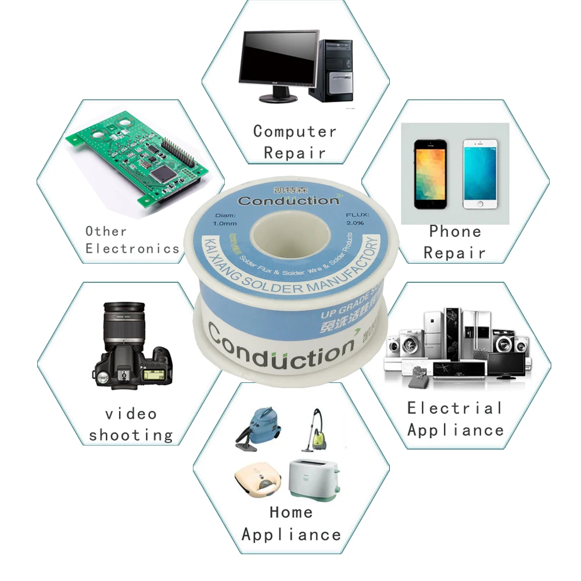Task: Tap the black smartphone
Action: click(x=430, y=174)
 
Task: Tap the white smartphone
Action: click(x=480, y=174)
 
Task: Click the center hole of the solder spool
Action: click(x=290, y=238)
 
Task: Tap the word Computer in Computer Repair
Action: click(x=295, y=131)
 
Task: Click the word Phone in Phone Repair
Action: click(x=455, y=231)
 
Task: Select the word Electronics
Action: click(x=132, y=249)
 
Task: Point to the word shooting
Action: click(x=131, y=435)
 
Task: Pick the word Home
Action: click(x=291, y=512)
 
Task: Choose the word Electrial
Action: click(x=454, y=408)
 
